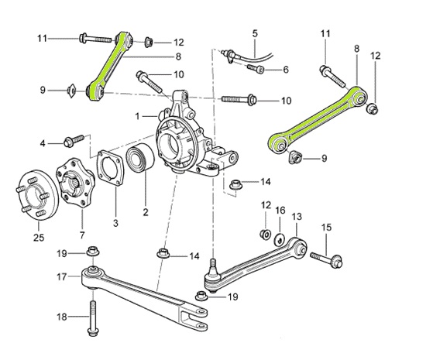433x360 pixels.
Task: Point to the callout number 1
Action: pos(137,116)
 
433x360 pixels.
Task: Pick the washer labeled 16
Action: pos(280,236)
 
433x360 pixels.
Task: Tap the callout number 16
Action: pos(280,211)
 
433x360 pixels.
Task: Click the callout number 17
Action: pos(61,276)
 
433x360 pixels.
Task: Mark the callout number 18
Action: pos(61,317)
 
